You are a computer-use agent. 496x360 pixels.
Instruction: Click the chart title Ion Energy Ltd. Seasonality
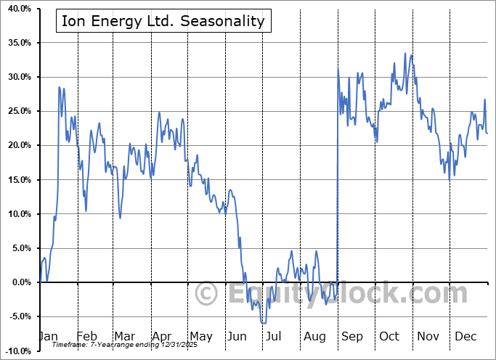click(163, 21)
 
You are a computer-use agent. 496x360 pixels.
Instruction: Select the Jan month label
click(49, 337)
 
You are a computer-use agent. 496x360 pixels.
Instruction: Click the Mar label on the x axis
click(123, 337)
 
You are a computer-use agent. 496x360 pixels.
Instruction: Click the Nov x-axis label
click(427, 337)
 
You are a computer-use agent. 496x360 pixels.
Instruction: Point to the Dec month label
click(465, 337)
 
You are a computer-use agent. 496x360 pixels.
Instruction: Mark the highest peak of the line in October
click(404, 53)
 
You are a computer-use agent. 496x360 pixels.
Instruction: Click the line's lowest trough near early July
click(263, 323)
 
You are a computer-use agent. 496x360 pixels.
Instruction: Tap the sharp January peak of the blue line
click(59, 87)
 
